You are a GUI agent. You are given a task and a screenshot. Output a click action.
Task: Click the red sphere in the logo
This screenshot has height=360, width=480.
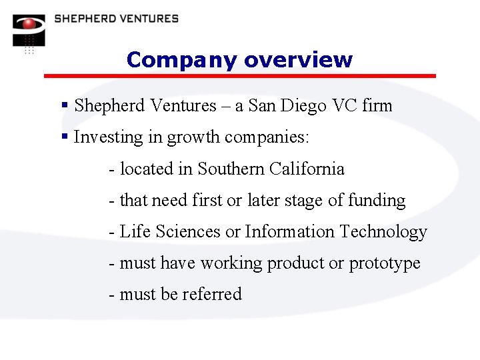click(29, 24)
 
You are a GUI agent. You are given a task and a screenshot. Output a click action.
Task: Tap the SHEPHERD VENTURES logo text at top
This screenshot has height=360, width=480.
click(117, 19)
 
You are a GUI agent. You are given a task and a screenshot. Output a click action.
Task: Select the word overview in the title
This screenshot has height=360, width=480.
click(298, 60)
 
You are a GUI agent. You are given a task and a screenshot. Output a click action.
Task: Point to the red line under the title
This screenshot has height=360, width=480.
click(240, 76)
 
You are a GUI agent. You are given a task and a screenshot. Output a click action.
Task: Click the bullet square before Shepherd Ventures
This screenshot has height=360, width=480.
click(65, 105)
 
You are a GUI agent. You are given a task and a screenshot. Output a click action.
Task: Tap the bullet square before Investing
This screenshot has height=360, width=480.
click(65, 137)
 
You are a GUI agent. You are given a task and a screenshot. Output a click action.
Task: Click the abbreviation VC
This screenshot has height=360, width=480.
click(342, 105)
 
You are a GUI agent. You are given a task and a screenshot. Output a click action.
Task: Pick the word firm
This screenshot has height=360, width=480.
click(377, 105)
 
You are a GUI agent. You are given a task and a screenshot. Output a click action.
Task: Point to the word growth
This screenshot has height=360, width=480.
click(193, 138)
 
